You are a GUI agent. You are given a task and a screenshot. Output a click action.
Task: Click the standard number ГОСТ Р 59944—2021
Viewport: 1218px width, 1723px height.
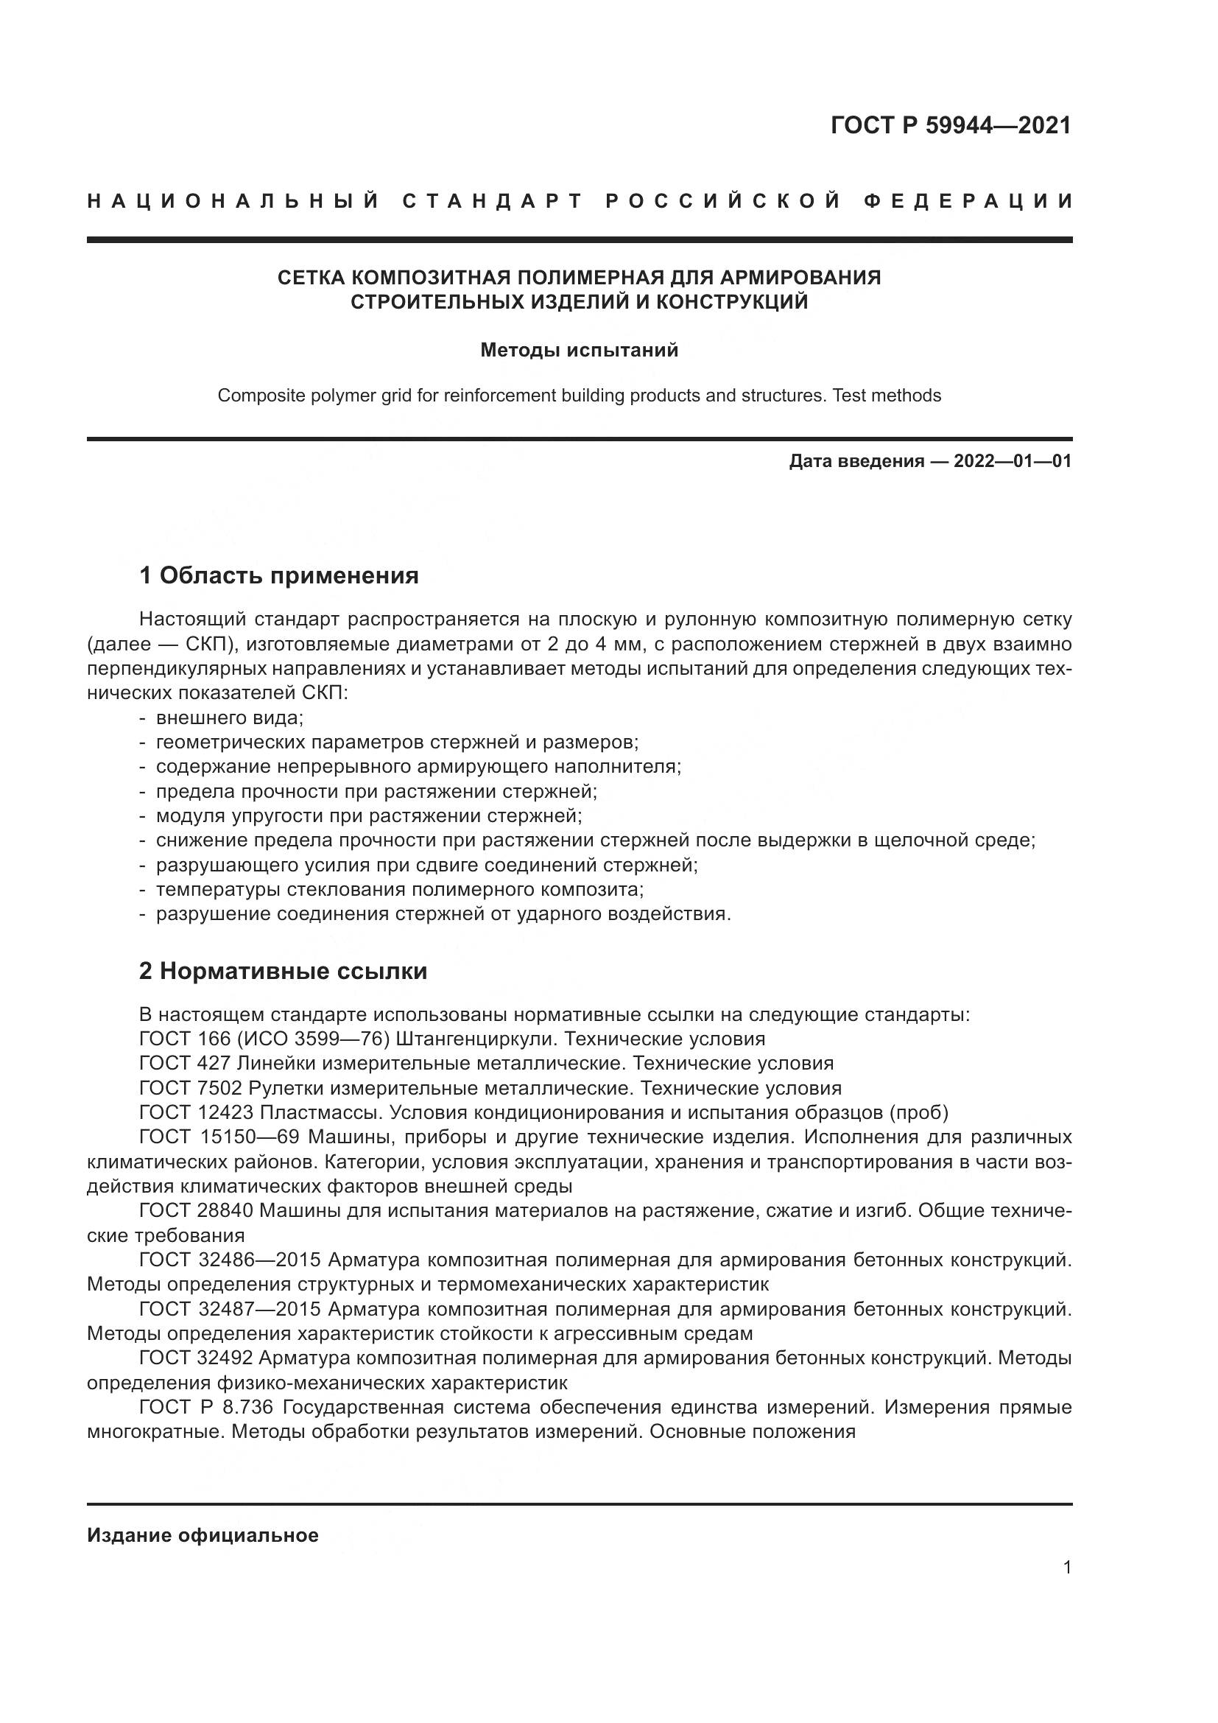[x=950, y=125]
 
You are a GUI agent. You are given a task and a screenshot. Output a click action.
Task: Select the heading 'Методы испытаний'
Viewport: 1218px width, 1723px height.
[x=579, y=351]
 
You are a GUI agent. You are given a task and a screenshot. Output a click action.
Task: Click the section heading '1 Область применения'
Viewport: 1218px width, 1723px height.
[x=279, y=575]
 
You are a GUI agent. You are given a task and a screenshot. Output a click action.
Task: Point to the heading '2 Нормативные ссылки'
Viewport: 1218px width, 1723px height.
[x=283, y=971]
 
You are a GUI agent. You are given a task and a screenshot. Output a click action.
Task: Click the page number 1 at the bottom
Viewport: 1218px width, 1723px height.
[x=1067, y=1568]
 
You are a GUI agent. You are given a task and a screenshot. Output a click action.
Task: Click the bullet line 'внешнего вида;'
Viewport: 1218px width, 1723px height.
[x=229, y=718]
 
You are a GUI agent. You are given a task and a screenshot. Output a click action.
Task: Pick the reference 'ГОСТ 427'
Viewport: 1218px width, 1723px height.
[x=185, y=1064]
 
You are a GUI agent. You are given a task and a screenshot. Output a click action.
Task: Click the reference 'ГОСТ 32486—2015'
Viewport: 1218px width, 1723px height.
[x=230, y=1260]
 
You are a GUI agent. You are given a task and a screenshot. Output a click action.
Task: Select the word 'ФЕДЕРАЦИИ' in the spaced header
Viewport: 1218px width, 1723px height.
[x=968, y=202]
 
